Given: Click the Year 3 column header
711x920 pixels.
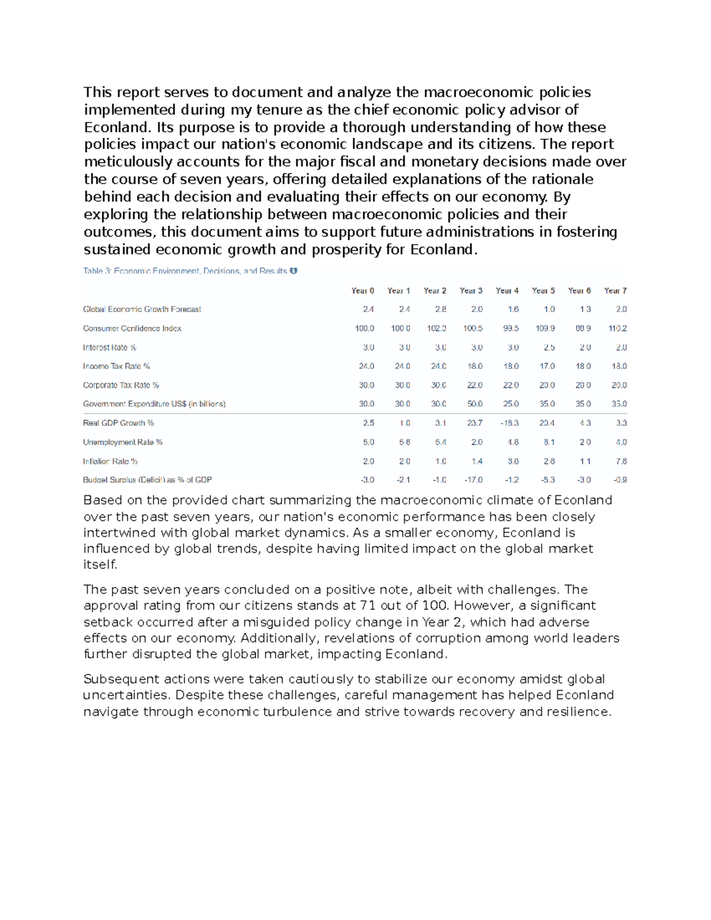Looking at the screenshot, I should point(471,290).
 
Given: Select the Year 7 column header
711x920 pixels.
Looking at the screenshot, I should point(615,290).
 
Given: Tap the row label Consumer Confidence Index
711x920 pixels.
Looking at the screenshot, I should point(132,328).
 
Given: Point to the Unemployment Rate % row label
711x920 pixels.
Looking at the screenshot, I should point(123,442).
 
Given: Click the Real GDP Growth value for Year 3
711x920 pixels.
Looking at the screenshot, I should point(474,423).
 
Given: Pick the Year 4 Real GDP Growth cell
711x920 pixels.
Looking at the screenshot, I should point(509,423).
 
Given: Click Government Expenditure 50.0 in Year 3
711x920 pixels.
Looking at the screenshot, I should point(475,404).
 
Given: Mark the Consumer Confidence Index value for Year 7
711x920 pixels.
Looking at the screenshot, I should point(617,328).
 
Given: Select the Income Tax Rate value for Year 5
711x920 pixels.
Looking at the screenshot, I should point(547,366).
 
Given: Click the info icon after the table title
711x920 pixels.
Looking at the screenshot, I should point(293,271).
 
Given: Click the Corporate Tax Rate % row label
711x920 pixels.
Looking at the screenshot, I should point(121,385).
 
